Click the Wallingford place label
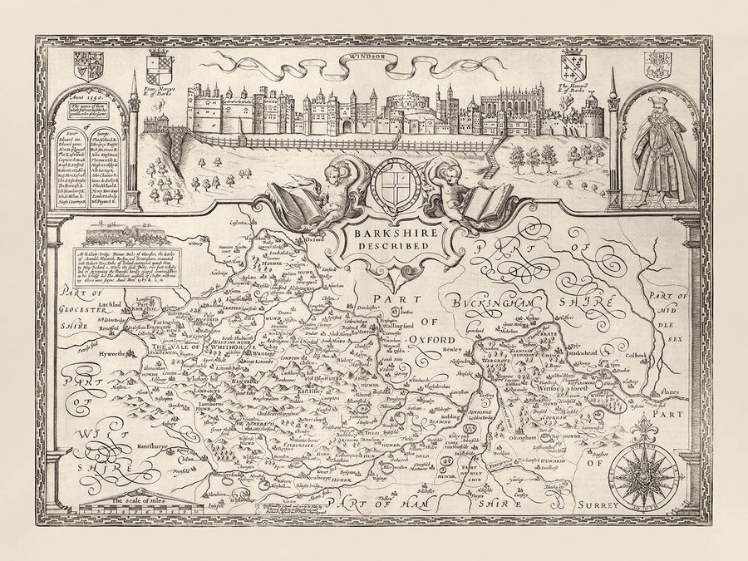pos(408,327)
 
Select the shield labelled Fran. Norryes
pos(161,66)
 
